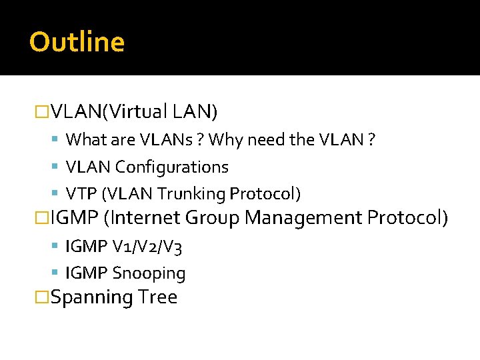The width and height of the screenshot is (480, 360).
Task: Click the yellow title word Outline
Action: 77,42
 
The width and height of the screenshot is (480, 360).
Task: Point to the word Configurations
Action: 172,167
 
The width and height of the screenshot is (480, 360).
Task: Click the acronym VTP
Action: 81,194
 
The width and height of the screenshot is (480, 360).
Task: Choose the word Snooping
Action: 149,273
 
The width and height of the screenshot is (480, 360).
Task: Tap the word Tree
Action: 158,297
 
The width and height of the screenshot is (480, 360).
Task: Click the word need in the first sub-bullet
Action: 268,140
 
